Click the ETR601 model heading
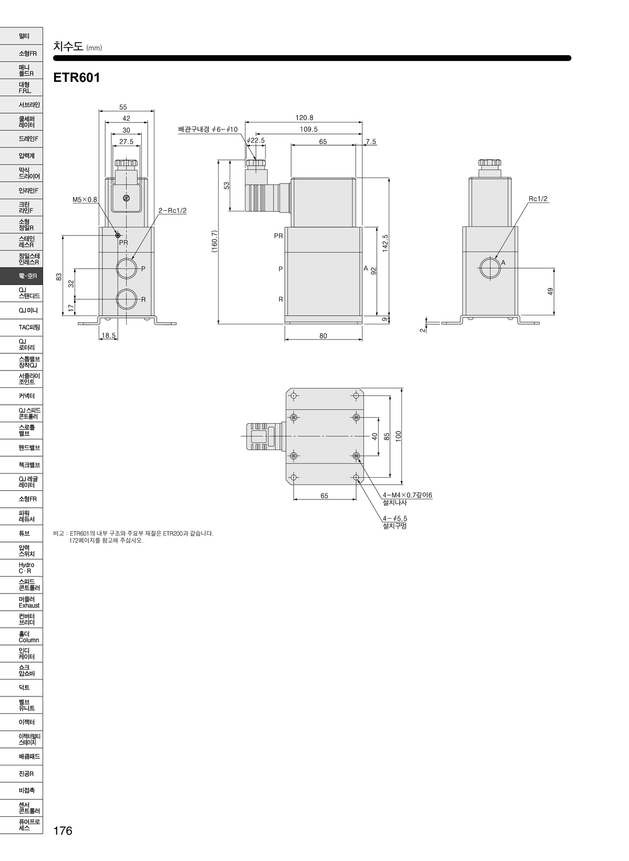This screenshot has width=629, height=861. click(x=77, y=77)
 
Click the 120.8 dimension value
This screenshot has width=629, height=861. click(x=304, y=118)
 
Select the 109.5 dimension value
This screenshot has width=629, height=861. click(x=308, y=129)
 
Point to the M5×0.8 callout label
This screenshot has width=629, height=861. click(x=85, y=200)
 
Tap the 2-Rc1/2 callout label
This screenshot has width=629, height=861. click(x=172, y=210)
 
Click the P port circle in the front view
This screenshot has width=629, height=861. click(x=127, y=268)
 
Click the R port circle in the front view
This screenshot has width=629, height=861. click(x=127, y=299)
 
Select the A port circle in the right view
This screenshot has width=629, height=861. click(x=490, y=268)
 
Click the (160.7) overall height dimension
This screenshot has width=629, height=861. click(x=214, y=241)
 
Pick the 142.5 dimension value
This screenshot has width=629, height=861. click(x=385, y=243)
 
